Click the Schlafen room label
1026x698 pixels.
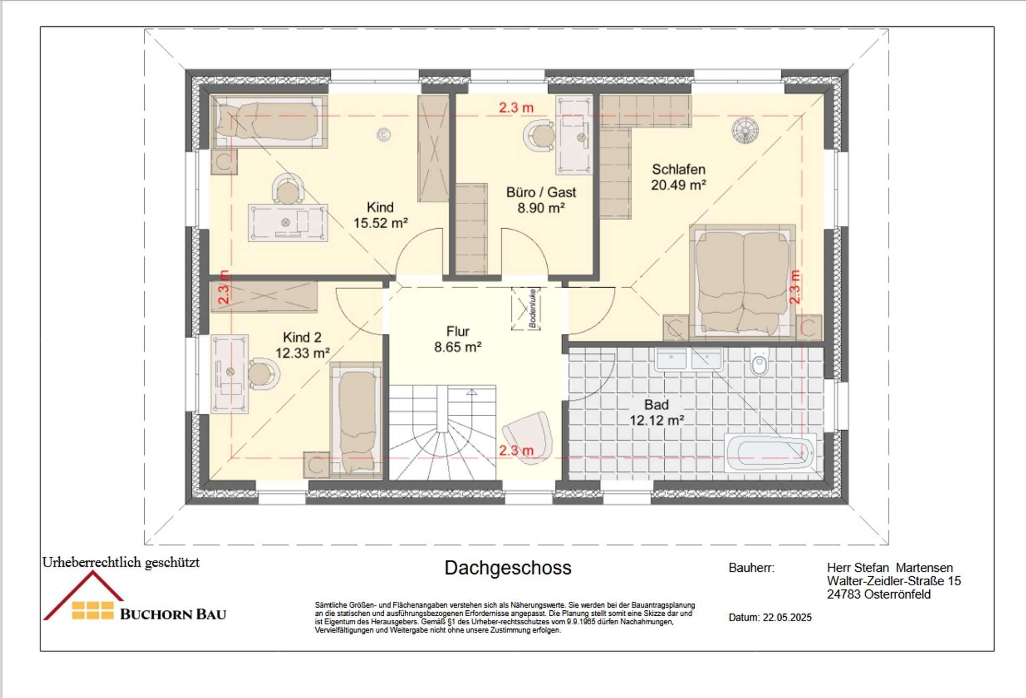tap(679, 169)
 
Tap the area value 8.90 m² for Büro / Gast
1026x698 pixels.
tap(541, 208)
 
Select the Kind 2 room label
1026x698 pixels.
tap(302, 337)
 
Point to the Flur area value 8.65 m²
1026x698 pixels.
tap(458, 347)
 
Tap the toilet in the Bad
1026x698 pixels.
tap(759, 362)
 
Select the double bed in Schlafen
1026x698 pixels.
tap(742, 282)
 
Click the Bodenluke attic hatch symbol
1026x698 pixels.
tap(526, 309)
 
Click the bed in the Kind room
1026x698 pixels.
tap(269, 121)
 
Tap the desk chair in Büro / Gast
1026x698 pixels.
tap(540, 136)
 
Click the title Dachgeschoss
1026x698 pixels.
tap(508, 568)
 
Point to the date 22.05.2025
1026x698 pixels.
tap(787, 618)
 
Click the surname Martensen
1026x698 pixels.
tap(924, 568)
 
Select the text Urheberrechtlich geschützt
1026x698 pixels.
tap(121, 562)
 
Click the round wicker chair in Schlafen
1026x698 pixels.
tap(745, 130)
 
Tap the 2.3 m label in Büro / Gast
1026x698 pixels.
tap(516, 107)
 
